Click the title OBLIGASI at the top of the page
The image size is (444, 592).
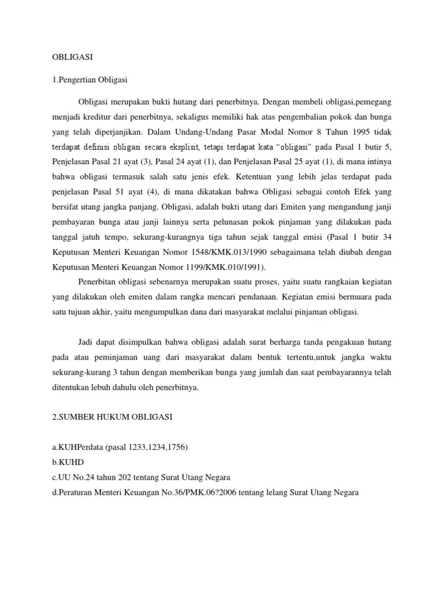click(69, 57)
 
